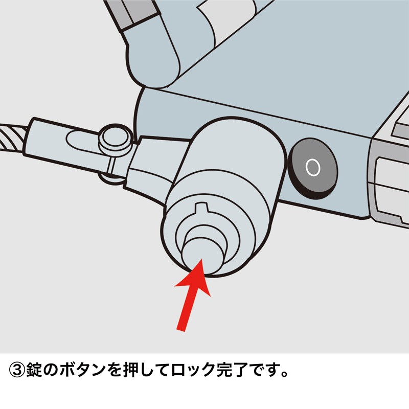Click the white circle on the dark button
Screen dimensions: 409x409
tap(312, 166)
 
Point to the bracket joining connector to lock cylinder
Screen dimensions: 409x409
tap(151, 164)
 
